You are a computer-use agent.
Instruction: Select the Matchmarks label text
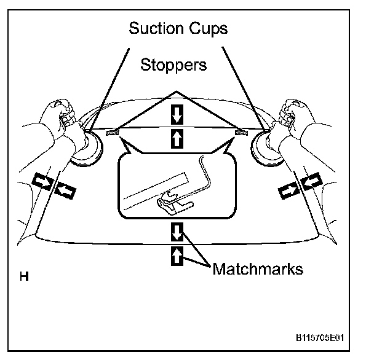pyautogui.click(x=258, y=269)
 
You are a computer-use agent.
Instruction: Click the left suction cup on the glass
pyautogui.click(x=86, y=147)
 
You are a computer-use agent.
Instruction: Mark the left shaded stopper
pyautogui.click(x=112, y=132)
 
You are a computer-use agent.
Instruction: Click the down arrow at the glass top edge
pyautogui.click(x=177, y=113)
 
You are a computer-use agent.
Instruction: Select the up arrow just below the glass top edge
pyautogui.click(x=177, y=139)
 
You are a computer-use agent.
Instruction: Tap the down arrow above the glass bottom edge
pyautogui.click(x=177, y=232)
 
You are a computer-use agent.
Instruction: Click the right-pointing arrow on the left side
pyautogui.click(x=42, y=180)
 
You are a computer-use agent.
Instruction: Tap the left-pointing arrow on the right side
pyautogui.click(x=311, y=180)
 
